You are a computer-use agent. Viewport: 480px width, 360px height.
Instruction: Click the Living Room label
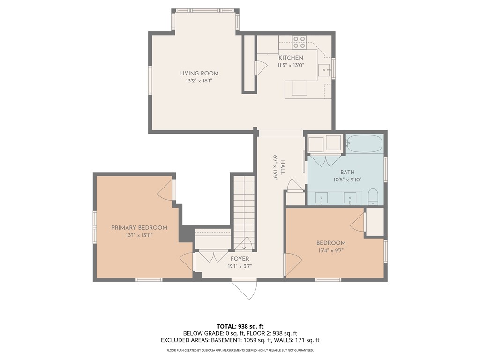point(199,73)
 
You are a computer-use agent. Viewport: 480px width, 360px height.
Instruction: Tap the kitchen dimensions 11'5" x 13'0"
point(291,65)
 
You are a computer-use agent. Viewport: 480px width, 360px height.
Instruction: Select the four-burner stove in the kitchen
point(299,43)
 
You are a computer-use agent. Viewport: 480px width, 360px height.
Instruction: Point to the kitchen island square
point(299,88)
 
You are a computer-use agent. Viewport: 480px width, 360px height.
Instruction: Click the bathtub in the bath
point(364,143)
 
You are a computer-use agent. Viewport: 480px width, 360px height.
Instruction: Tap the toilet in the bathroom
point(373,197)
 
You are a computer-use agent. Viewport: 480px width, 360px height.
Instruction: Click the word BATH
point(347,172)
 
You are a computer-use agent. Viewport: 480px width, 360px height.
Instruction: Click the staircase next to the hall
point(243,211)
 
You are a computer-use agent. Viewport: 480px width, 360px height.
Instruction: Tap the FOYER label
point(240,259)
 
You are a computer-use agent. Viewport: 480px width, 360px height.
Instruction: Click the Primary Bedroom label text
point(139,228)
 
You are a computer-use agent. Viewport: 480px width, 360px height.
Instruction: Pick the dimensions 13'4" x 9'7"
point(331,250)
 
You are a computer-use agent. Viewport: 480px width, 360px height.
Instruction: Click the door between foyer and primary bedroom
point(187,262)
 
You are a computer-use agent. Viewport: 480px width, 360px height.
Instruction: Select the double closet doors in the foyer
point(213,256)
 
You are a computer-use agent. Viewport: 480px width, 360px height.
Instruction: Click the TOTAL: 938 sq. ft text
point(240,326)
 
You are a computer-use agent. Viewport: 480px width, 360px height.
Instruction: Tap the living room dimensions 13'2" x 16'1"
point(199,81)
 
